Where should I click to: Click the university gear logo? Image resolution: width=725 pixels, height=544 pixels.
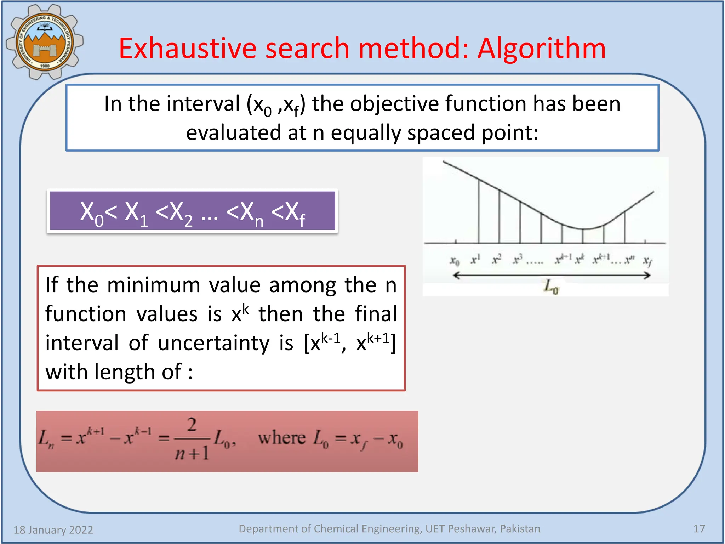point(44,42)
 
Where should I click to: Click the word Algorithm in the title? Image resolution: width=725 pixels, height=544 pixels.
point(542,49)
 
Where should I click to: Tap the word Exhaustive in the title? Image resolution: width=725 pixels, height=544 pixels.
point(188,49)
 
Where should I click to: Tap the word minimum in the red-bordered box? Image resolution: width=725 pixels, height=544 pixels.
point(154,285)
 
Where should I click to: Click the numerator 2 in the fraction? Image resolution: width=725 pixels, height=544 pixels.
point(192,425)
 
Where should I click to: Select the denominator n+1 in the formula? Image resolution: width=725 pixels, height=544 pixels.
point(192,453)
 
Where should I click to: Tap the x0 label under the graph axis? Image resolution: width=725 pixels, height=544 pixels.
point(455,261)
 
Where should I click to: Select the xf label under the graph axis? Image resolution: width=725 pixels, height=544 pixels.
point(647,261)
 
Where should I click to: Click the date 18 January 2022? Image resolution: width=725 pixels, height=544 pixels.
point(53,530)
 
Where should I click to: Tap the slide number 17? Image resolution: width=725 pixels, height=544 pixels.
point(699,529)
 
